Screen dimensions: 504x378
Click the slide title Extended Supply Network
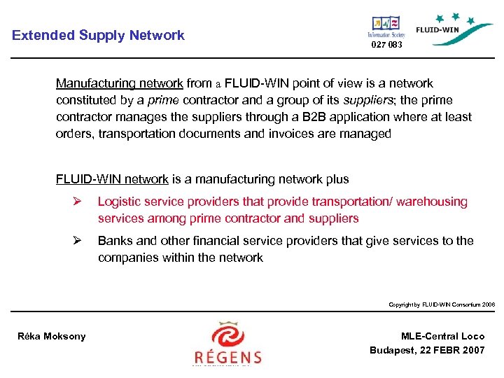coord(98,35)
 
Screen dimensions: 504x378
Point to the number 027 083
coord(386,45)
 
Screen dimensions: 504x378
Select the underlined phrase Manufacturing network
coord(119,83)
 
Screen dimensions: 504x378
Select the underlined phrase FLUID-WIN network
coord(112,179)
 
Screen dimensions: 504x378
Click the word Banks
coord(114,241)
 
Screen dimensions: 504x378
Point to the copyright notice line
coord(442,304)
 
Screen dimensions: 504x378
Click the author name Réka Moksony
coord(51,336)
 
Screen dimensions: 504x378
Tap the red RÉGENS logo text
coord(227,356)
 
